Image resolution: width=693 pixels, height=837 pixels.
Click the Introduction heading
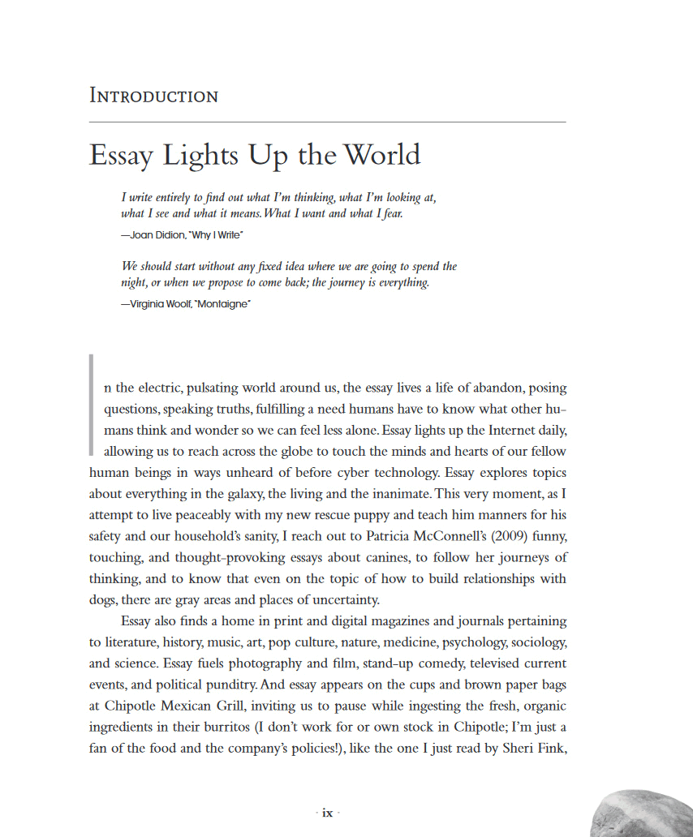153,96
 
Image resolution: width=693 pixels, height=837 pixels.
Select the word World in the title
381,155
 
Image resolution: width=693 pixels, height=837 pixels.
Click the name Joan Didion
153,234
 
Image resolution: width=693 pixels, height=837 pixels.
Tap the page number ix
327,813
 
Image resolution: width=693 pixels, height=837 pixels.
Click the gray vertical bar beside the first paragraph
92,404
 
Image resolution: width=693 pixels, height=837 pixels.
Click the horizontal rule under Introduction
327,122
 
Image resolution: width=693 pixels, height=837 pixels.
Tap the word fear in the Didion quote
389,214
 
